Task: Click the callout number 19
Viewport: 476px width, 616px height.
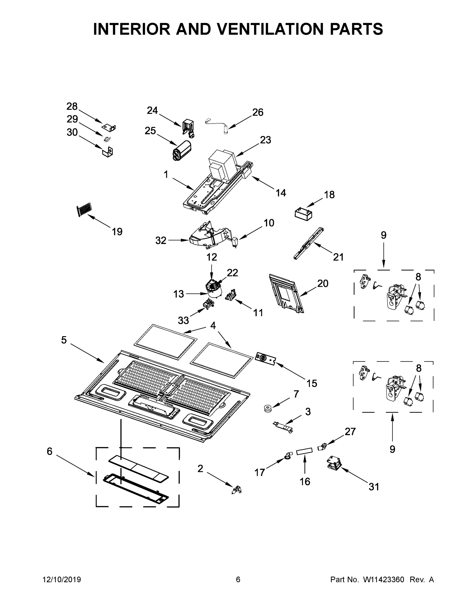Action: pos(117,232)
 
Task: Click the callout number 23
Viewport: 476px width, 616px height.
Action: pos(265,140)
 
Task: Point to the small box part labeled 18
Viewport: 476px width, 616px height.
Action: pos(303,214)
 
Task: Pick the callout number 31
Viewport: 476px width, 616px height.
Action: pos(374,487)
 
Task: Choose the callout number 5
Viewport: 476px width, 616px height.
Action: pos(64,340)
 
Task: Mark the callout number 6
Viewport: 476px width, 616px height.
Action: pos(50,451)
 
